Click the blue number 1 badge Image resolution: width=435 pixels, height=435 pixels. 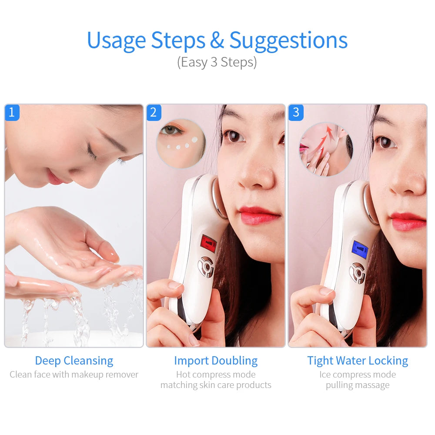pos(12,113)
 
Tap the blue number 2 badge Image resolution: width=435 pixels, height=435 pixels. pos(153,113)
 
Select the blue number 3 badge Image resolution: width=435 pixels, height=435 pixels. pos(296,113)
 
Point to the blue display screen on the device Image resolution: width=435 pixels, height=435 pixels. pos(360,249)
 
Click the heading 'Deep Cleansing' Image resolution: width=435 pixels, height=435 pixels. pos(74,361)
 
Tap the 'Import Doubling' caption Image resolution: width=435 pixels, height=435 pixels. pos(216,361)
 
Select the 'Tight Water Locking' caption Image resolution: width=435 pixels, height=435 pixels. pos(358,361)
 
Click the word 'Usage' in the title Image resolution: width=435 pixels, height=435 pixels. pos(116,40)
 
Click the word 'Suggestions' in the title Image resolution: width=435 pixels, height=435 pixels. pos(288,40)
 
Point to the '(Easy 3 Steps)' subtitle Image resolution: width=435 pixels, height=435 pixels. pos(217,62)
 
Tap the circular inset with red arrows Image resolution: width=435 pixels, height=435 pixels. pos(326,149)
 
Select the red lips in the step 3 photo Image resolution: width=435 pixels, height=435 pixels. pos(408,221)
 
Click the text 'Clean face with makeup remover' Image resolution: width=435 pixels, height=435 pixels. pos(74,375)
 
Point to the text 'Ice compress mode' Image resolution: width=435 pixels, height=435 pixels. pos(358,375)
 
